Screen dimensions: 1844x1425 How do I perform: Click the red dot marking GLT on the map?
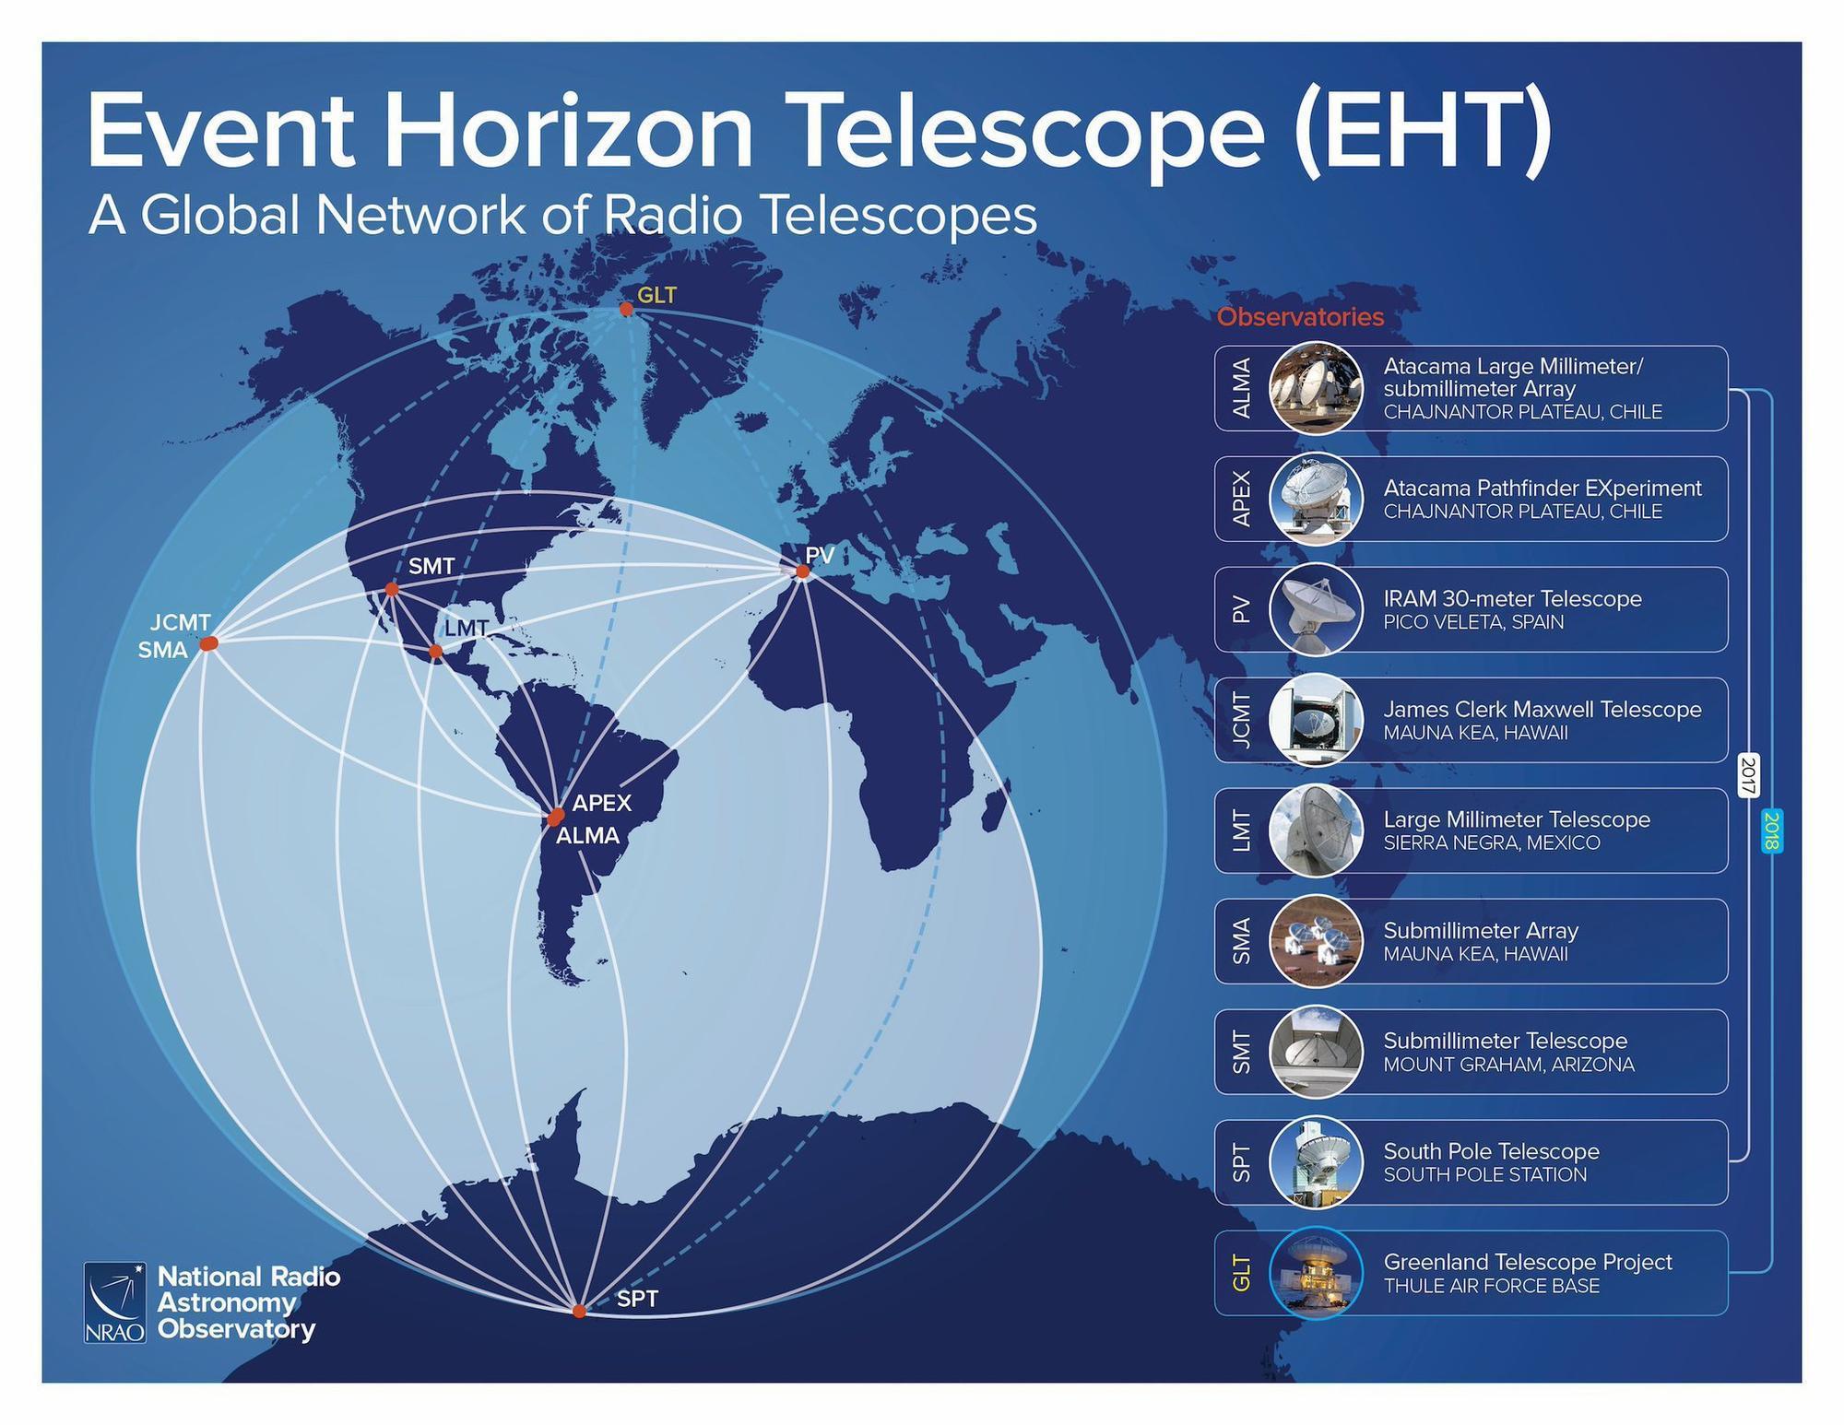626,309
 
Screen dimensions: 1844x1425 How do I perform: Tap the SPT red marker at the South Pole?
579,1311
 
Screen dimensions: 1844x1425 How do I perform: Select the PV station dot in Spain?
803,571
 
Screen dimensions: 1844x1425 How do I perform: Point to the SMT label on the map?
431,566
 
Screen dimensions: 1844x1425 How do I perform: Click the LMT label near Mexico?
467,628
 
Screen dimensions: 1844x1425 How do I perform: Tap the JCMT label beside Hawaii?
181,622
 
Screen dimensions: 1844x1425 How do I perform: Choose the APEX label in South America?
602,803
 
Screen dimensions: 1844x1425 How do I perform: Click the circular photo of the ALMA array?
1316,388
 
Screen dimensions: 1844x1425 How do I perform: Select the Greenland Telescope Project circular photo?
1316,1273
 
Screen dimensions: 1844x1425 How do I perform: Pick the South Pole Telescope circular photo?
1316,1162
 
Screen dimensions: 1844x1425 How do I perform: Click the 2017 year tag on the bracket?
1748,775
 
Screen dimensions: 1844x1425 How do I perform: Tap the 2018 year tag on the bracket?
1771,830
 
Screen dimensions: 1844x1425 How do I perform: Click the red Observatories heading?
1300,317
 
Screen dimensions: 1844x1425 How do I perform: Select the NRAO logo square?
114,1302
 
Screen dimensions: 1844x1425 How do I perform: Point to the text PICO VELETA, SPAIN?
1473,622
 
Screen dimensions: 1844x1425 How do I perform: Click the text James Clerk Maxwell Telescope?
1543,709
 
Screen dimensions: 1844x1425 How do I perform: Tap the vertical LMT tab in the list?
1242,830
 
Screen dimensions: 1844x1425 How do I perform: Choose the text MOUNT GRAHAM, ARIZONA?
1508,1065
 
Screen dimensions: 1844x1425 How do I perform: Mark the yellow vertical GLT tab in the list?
1242,1273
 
